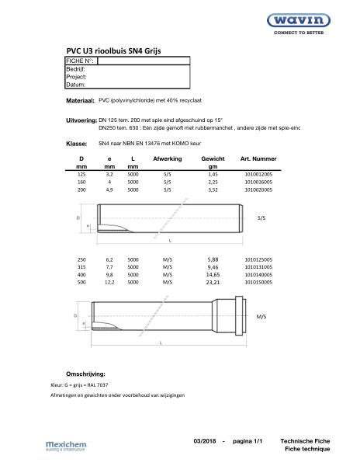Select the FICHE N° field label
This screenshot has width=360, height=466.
80,60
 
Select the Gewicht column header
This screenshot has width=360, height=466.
213,158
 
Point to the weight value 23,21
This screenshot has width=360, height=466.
213,283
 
